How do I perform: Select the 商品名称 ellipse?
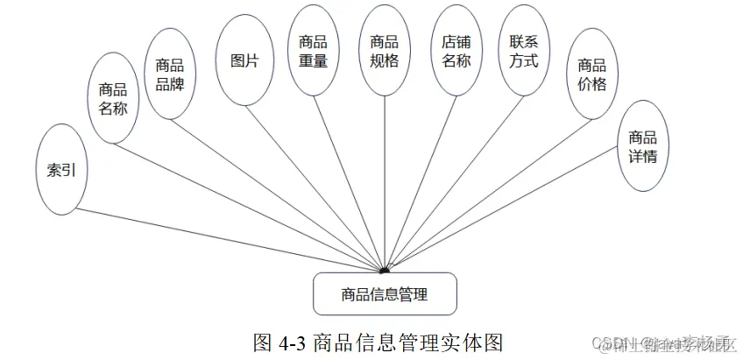click(x=113, y=99)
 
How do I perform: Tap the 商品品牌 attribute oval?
click(x=169, y=74)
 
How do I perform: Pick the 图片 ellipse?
click(x=244, y=60)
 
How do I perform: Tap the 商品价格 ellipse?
click(x=591, y=74)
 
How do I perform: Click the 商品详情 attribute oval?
click(x=642, y=146)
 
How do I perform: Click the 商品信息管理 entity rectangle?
click(x=385, y=293)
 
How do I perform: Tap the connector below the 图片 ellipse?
click(x=307, y=174)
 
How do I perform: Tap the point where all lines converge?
click(x=385, y=271)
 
